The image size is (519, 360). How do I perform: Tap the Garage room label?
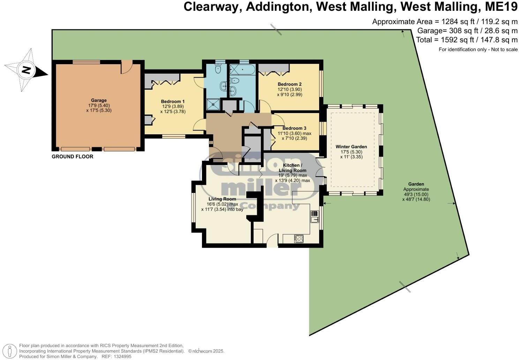[x=99, y=100]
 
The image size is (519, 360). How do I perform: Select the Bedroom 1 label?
[x=173, y=102]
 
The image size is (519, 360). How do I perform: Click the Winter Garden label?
[x=351, y=147]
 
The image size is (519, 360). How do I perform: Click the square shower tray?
[x=212, y=104]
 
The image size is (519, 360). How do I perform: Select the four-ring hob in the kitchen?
[x=299, y=239]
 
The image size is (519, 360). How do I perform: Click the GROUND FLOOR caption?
[x=73, y=157]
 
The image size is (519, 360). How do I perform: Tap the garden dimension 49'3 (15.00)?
[x=416, y=194]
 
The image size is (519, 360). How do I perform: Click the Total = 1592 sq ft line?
[x=467, y=40]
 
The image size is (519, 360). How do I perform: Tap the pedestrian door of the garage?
[x=127, y=67]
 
